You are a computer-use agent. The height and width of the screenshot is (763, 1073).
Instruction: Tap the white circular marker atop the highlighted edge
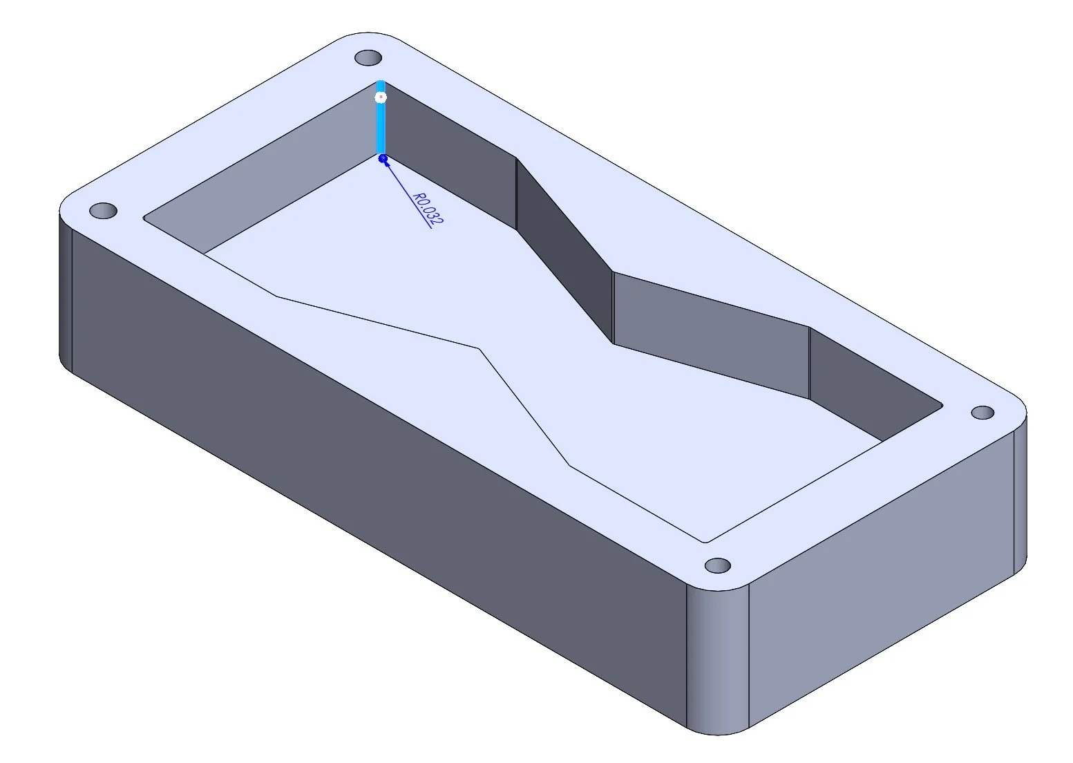pyautogui.click(x=380, y=97)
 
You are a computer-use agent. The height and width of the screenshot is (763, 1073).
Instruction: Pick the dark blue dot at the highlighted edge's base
pyautogui.click(x=383, y=159)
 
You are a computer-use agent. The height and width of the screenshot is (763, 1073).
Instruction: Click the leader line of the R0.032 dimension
pyautogui.click(x=404, y=187)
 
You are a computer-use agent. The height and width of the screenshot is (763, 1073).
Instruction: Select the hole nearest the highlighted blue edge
pyautogui.click(x=368, y=57)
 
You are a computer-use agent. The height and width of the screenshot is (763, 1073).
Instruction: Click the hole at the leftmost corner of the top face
pyautogui.click(x=104, y=210)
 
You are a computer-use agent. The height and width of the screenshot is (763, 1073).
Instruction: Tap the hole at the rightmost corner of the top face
pyautogui.click(x=982, y=413)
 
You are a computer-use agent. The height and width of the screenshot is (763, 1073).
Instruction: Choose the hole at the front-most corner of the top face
pyautogui.click(x=717, y=565)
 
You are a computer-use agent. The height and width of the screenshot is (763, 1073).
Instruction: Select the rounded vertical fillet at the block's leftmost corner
pyautogui.click(x=66, y=290)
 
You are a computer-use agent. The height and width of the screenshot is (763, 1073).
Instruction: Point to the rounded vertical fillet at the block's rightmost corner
pyautogui.click(x=1020, y=498)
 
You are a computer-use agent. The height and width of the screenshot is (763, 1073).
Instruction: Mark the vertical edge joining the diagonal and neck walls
pyautogui.click(x=613, y=308)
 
